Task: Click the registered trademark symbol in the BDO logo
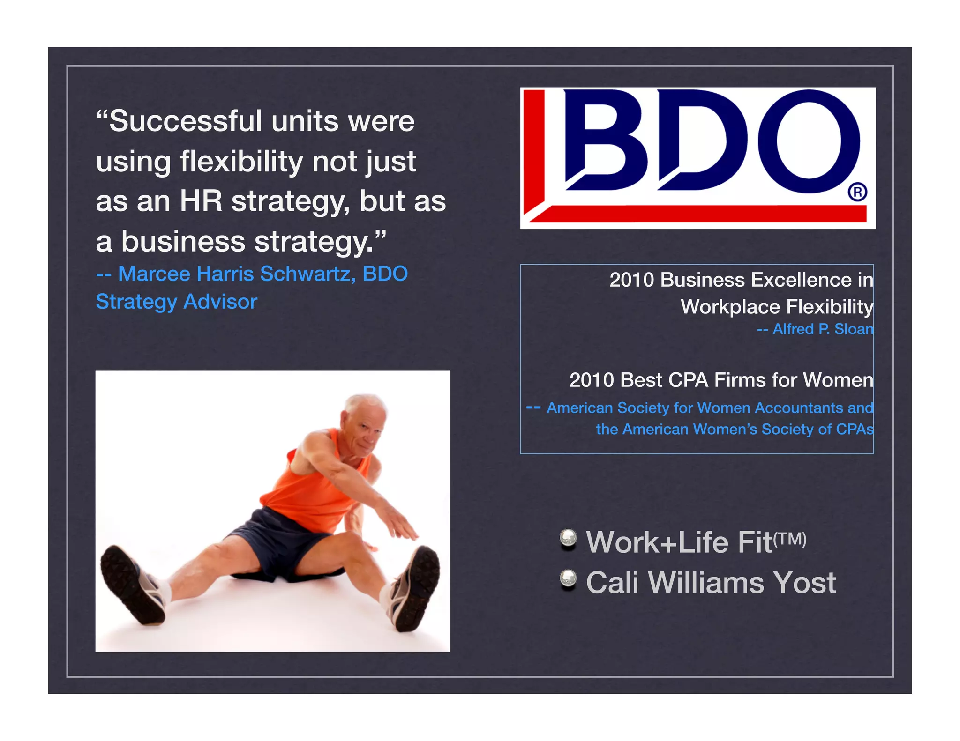(857, 192)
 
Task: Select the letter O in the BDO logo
(809, 141)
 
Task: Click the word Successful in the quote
(185, 121)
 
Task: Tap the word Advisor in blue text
(220, 302)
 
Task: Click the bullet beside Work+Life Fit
(568, 539)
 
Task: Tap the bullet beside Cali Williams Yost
(568, 579)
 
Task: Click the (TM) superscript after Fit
(790, 539)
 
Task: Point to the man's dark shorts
(277, 543)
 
